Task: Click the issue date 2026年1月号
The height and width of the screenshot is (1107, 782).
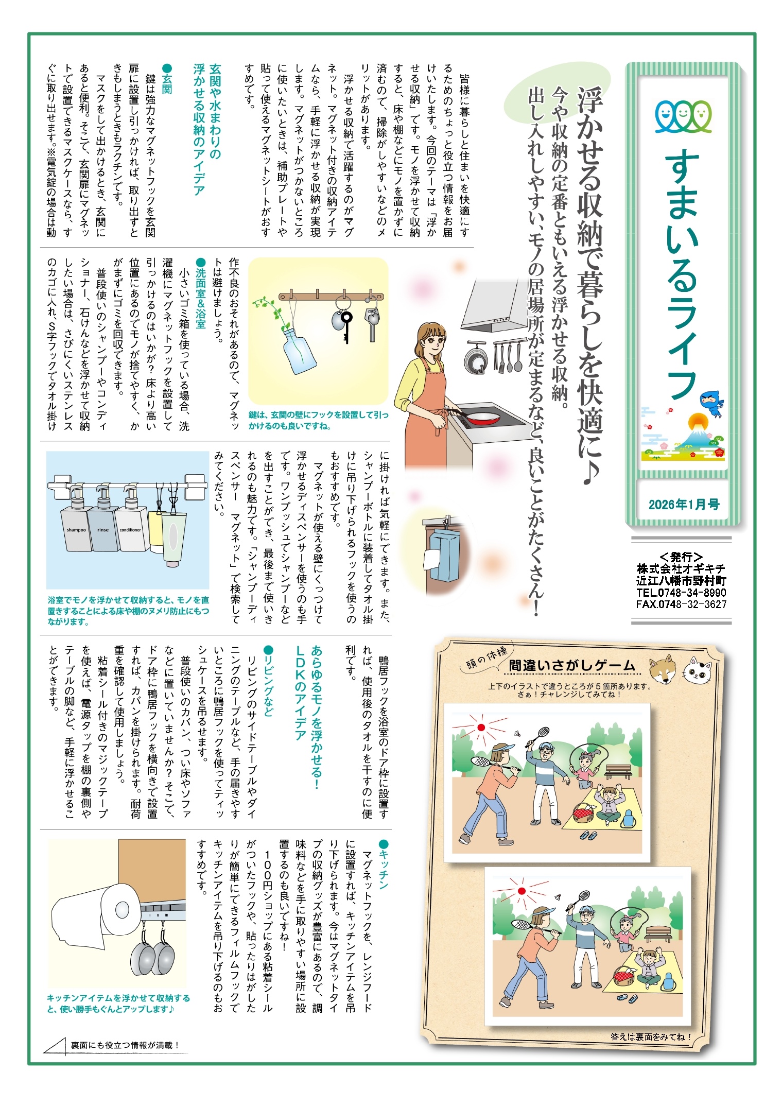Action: coord(684,505)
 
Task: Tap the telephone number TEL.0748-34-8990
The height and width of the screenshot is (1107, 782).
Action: coord(681,593)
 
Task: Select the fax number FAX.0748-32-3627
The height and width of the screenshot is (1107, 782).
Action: coord(681,604)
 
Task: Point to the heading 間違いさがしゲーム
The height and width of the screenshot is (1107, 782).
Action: coord(572,666)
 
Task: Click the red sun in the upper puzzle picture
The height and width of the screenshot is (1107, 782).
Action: coord(481,728)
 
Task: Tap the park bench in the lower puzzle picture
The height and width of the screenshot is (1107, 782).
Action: coord(658,933)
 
